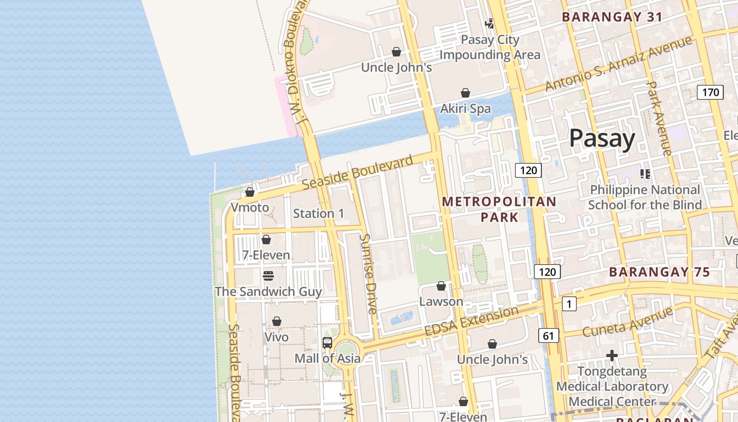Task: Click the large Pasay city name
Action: (602, 139)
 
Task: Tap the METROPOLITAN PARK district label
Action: (499, 209)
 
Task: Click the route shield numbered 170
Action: (710, 93)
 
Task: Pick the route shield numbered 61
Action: (548, 335)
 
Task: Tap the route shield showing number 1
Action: (569, 304)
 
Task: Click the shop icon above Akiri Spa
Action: (465, 93)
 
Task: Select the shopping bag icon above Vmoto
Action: (250, 192)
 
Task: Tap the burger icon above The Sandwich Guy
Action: (268, 276)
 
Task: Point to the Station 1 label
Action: (318, 214)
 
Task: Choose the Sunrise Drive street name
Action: (368, 274)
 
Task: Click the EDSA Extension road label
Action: (471, 321)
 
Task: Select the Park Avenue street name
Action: (658, 118)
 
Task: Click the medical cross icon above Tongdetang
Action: (611, 356)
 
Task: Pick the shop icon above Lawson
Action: (441, 286)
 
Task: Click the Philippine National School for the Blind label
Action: (645, 197)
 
